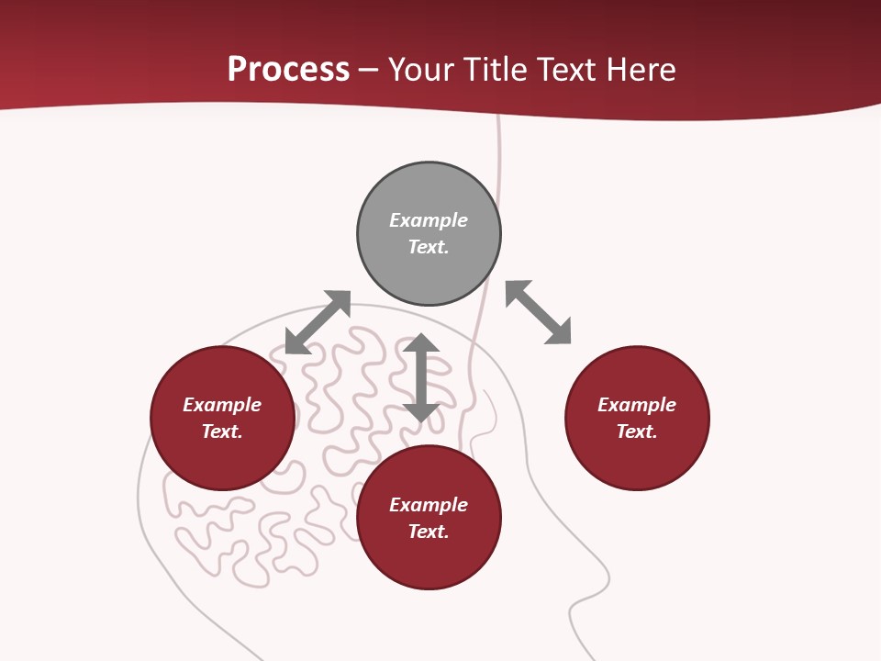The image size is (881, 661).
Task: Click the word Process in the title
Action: tap(288, 70)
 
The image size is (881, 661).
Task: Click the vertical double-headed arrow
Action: tap(421, 377)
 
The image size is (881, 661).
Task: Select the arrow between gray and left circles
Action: tap(318, 322)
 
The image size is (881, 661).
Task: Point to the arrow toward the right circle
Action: tap(539, 312)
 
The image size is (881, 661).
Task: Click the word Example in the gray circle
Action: tap(429, 220)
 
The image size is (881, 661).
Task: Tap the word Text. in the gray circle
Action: tap(429, 247)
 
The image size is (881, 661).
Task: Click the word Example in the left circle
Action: tap(222, 405)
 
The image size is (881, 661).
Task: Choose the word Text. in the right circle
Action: tap(637, 431)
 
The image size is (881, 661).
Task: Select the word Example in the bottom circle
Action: tap(429, 505)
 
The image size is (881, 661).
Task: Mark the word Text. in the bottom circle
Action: tap(429, 532)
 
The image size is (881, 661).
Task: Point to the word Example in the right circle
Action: tap(637, 405)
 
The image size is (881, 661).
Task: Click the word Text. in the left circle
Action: tap(222, 431)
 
